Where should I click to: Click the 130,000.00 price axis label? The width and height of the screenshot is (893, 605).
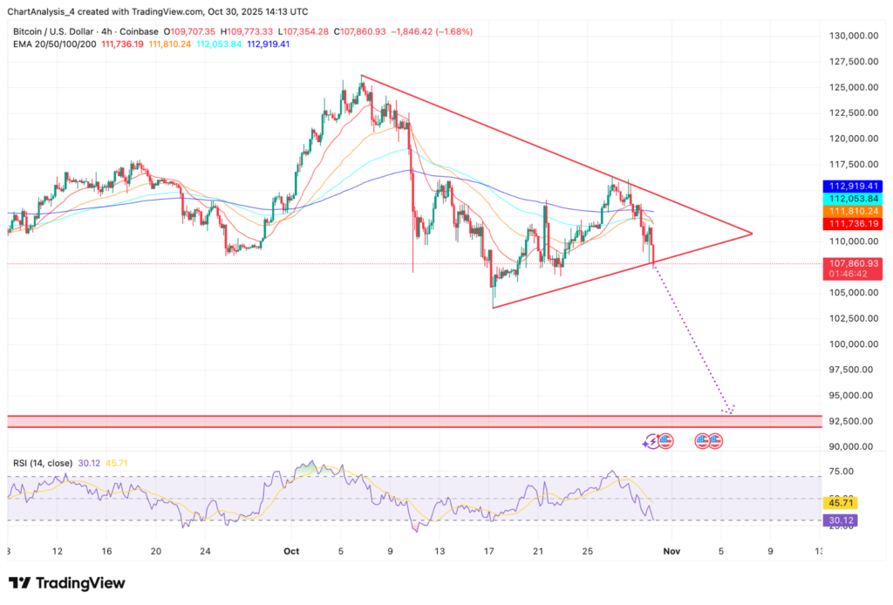coord(851,36)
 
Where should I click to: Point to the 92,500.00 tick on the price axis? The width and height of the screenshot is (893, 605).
coord(851,421)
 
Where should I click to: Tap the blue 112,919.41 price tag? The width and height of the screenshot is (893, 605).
coord(851,186)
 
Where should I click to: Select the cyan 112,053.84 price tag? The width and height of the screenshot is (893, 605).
coord(851,198)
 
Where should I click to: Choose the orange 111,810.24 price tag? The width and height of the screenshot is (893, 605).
coord(851,211)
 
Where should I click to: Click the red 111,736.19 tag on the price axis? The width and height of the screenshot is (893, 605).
coord(851,224)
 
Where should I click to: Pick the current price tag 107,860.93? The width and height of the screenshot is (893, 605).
coord(851,262)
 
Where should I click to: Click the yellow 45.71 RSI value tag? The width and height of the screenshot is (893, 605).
coord(836,503)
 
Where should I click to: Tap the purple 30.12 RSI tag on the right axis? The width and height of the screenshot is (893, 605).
coord(836,520)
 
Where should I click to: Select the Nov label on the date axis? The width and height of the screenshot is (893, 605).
coord(670,551)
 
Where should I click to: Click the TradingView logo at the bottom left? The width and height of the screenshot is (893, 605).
coord(67,583)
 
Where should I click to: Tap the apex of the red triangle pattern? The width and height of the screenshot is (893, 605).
coord(751,233)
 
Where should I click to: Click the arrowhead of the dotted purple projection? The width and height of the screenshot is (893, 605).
coord(729,411)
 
